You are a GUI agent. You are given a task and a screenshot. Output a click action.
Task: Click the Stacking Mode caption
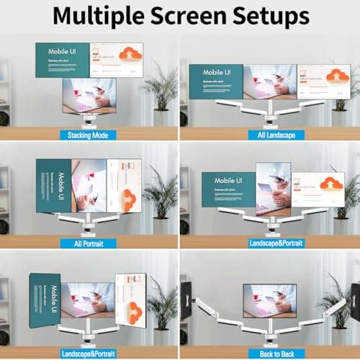(89, 135)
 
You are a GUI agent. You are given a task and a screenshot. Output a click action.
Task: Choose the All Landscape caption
(269, 135)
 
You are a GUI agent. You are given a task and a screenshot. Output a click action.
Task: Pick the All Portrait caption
(89, 243)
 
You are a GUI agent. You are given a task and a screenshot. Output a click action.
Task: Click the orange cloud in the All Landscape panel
(333, 75)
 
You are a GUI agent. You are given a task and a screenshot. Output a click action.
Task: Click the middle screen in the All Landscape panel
(270, 81)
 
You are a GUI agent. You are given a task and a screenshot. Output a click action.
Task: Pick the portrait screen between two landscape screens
(273, 188)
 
